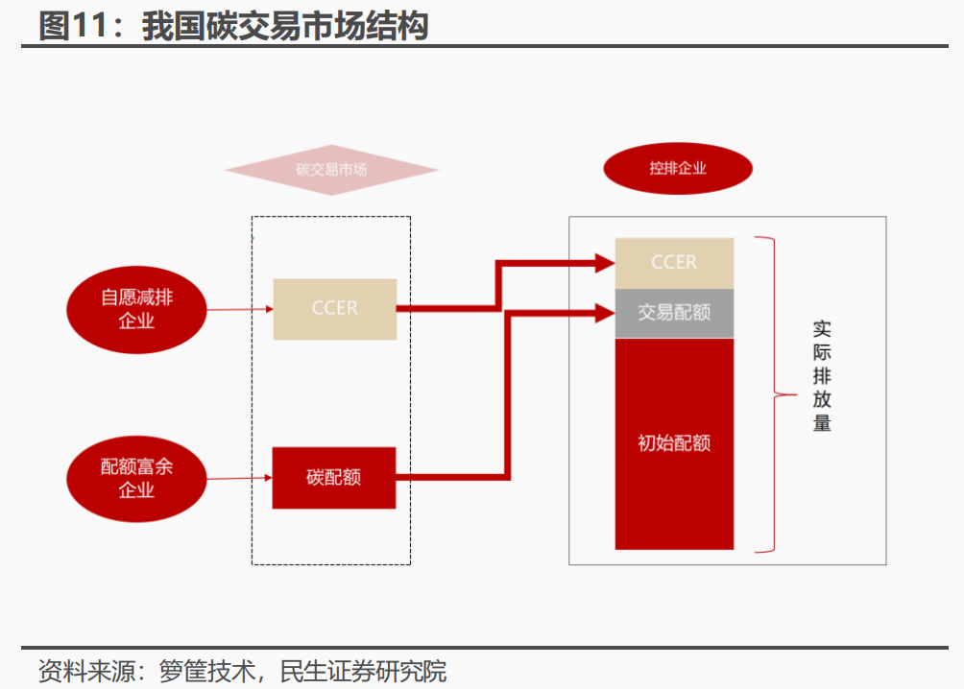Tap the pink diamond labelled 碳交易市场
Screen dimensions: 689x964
point(331,170)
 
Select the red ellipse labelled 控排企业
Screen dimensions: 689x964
point(677,168)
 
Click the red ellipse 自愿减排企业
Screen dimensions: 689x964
point(136,309)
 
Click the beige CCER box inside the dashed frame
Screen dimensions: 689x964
point(334,309)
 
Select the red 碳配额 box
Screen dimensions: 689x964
point(334,477)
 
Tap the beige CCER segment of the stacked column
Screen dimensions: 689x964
point(674,263)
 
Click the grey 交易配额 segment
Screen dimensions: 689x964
point(674,313)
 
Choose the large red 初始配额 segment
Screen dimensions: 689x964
point(674,443)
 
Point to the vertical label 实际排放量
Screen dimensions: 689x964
point(822,375)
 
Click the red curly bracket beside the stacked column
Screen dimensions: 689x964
point(770,394)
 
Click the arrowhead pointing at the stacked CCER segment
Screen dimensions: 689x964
point(605,262)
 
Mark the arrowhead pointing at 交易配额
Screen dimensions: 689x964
point(605,312)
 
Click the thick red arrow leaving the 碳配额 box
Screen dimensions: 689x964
point(451,476)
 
